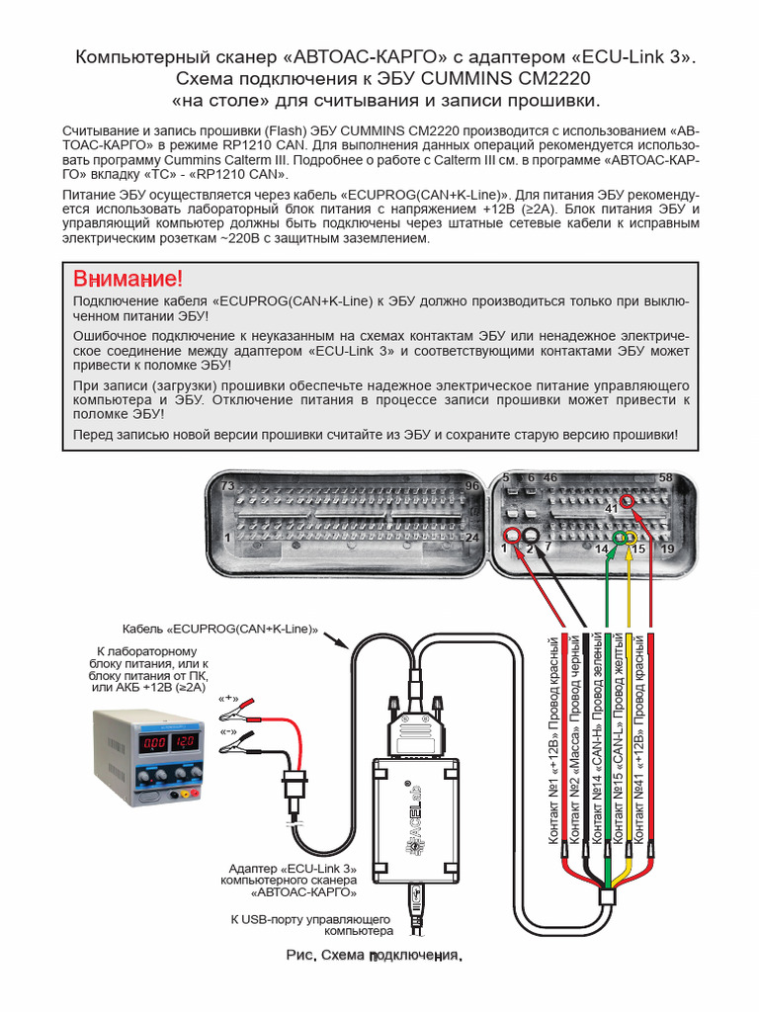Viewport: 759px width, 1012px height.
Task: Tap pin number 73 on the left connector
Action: coord(227,486)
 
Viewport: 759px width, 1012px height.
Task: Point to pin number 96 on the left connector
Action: coord(471,486)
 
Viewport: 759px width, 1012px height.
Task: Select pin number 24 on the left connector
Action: coord(471,537)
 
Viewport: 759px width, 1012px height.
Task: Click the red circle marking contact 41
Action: coord(627,503)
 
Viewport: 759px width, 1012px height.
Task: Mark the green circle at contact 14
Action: coord(619,537)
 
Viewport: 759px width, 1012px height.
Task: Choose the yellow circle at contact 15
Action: coord(632,537)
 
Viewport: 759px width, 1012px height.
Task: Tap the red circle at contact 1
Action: coord(511,536)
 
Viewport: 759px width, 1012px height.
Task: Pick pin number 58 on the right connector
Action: coord(665,478)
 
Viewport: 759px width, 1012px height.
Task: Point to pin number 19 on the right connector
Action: coord(667,548)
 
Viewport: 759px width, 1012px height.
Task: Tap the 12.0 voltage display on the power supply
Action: coord(183,741)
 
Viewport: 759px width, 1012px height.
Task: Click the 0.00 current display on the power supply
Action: coord(153,741)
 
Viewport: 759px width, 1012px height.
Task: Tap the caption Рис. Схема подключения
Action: coord(374,957)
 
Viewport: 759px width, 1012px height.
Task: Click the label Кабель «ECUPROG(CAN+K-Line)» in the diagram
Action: coord(221,629)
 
